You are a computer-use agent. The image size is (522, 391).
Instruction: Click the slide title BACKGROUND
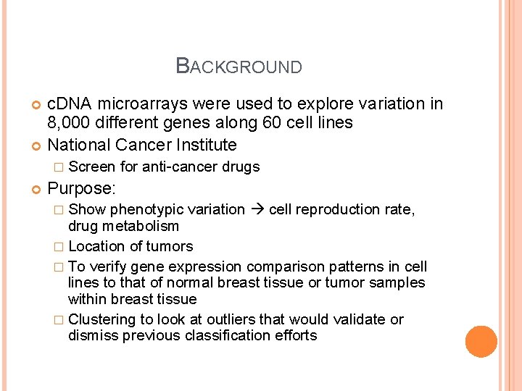tap(239, 67)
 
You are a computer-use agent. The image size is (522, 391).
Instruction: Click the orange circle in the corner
tap(481, 342)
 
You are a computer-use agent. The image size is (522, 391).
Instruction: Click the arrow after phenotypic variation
tap(257, 210)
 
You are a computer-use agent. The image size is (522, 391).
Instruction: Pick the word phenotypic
tap(147, 210)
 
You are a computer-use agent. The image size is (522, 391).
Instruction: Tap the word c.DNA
tap(70, 104)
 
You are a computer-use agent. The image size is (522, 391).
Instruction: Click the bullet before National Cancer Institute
tap(36, 146)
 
